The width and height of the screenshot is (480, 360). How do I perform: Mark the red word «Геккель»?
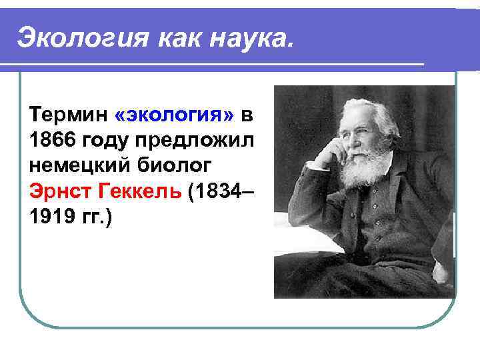141,193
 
